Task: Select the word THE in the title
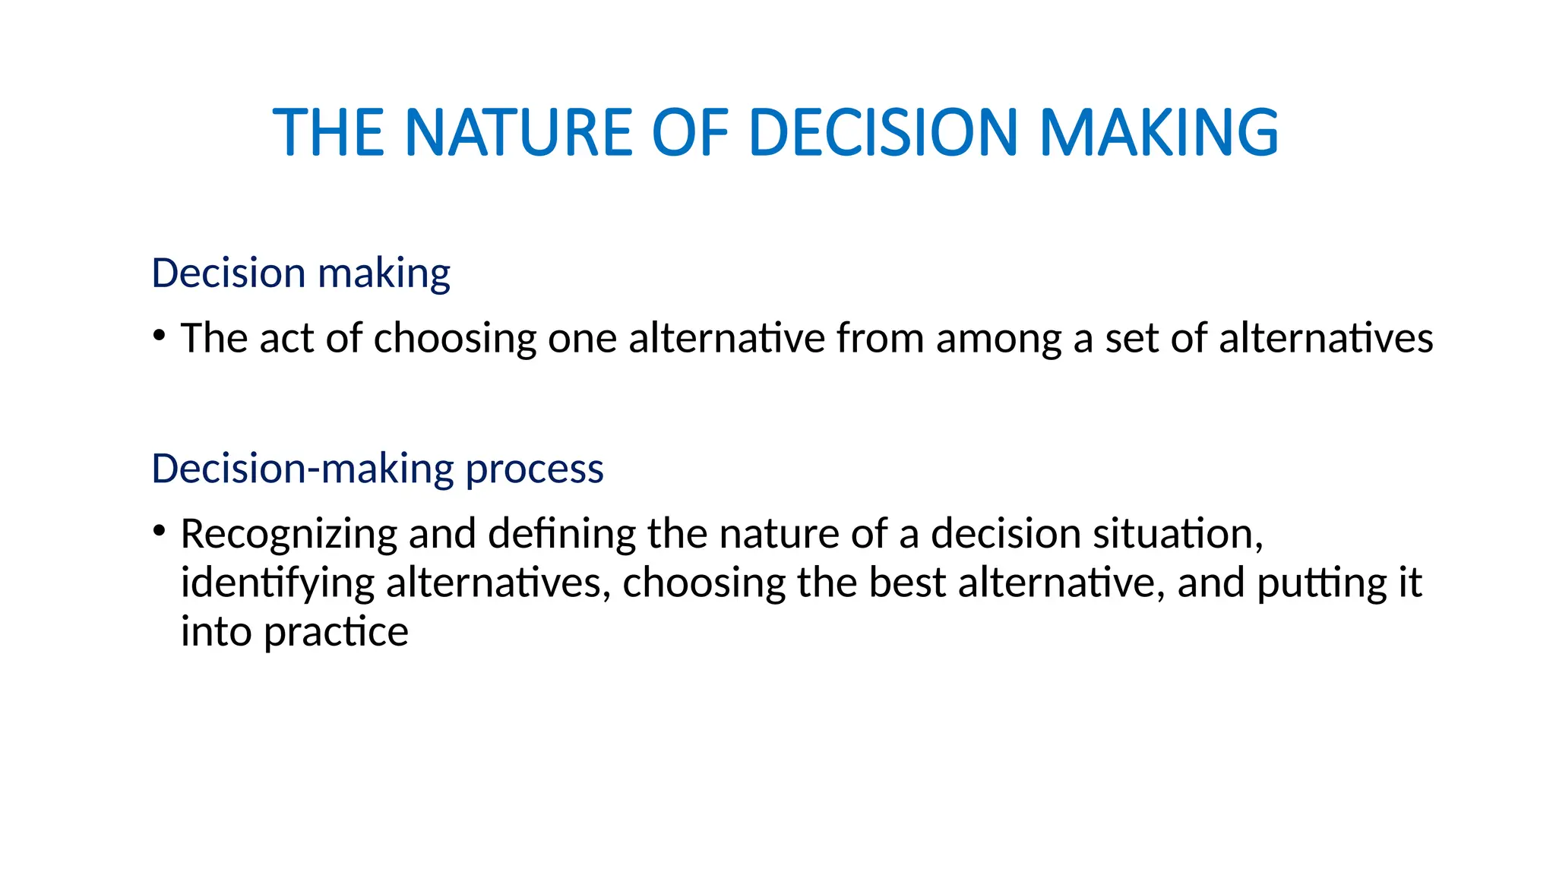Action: [328, 133]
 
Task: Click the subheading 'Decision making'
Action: [301, 273]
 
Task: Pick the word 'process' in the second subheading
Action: [534, 469]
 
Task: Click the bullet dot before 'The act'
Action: [159, 335]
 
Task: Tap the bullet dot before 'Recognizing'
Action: [159, 531]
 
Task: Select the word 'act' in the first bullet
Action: [286, 339]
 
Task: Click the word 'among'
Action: [998, 340]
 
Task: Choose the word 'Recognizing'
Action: [289, 535]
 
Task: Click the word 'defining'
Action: [561, 535]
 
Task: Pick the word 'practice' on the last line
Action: [336, 633]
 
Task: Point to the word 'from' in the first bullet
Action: [881, 339]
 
